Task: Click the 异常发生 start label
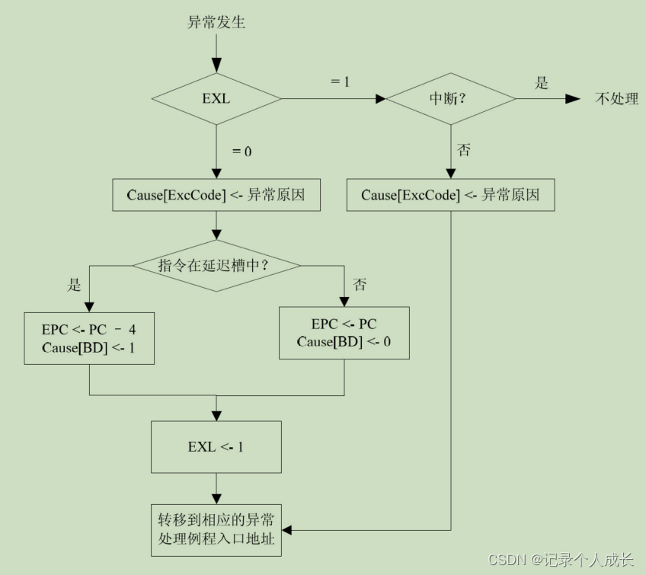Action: point(216,22)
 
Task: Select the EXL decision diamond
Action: point(216,99)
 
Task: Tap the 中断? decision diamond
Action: point(450,99)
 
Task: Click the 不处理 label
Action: point(616,99)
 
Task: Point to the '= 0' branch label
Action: point(241,151)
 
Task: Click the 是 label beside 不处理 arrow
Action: point(542,83)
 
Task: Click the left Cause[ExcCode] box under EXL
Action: point(216,195)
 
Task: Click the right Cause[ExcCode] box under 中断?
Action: point(450,195)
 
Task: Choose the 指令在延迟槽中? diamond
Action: point(216,265)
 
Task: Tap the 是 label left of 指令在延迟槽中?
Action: point(75,286)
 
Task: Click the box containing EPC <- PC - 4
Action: point(89,338)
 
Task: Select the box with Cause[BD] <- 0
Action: point(344,333)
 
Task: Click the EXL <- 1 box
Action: point(216,447)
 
